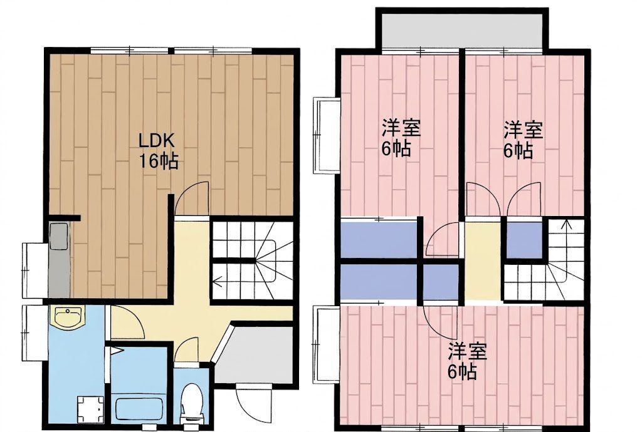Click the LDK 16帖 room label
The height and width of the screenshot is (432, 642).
[158, 151]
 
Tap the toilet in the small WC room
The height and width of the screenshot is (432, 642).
[192, 403]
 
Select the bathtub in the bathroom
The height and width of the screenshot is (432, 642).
[140, 407]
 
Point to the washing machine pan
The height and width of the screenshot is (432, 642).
[90, 409]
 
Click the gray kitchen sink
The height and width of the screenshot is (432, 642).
[59, 236]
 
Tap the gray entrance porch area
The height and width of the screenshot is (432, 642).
[254, 354]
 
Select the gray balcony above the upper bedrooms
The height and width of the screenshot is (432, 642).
[462, 31]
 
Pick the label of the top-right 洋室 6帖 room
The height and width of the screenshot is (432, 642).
[522, 140]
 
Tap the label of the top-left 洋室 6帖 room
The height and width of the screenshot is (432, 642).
[401, 137]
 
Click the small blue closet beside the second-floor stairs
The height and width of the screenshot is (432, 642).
[525, 240]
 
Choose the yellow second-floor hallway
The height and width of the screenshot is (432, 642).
[482, 260]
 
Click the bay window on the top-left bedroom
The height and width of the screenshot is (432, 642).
[326, 135]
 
